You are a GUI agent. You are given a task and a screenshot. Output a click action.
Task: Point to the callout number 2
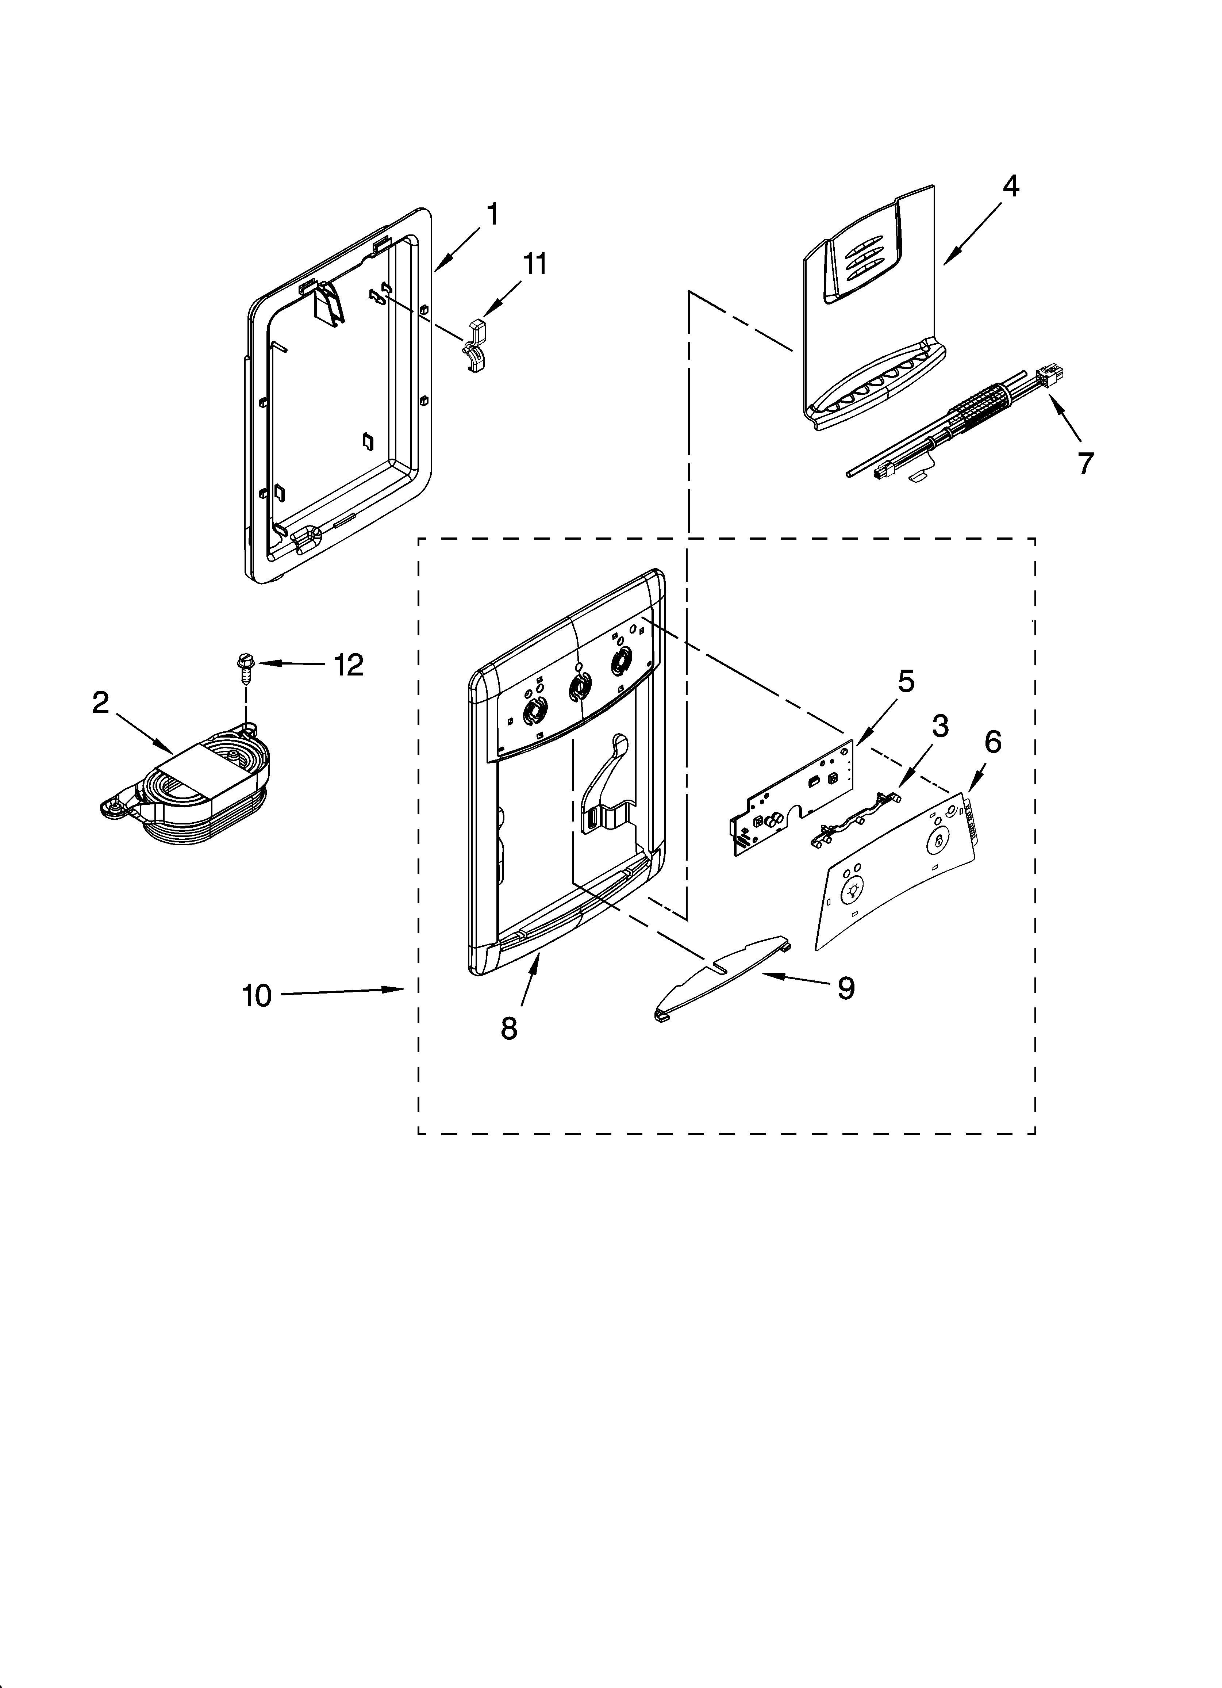pos(100,702)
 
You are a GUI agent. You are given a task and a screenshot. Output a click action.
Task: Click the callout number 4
pos(1010,186)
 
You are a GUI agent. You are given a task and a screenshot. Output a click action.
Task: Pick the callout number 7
pos(1086,463)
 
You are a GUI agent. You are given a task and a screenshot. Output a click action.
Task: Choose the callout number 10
pos(257,995)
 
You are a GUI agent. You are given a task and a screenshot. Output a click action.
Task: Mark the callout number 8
pos(509,1028)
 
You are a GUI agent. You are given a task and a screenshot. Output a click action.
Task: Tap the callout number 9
pos(846,988)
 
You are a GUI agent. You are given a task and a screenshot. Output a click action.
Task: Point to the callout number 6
pos(993,741)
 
